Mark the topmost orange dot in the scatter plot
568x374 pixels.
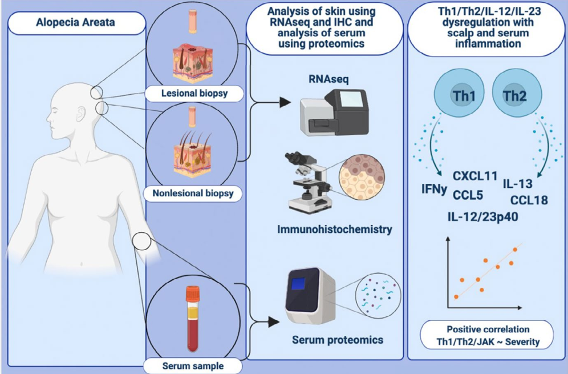pyautogui.click(x=516, y=249)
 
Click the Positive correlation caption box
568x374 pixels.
pyautogui.click(x=488, y=336)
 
